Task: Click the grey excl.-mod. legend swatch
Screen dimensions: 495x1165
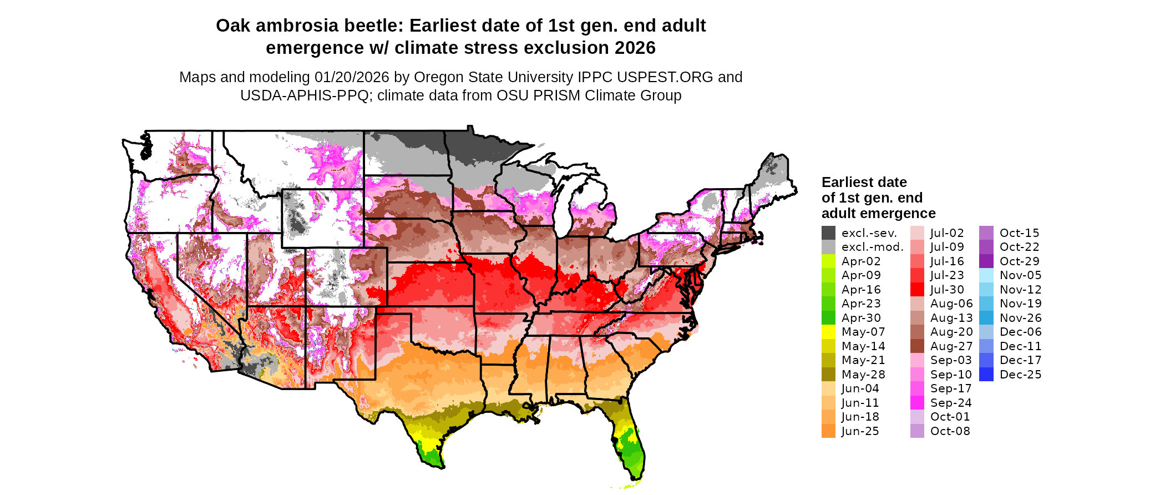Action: coord(828,247)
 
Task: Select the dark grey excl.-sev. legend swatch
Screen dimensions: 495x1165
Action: coord(828,233)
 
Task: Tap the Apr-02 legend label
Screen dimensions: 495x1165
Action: coord(860,261)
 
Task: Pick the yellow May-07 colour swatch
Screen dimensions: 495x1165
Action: coord(828,332)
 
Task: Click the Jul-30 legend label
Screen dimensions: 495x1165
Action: coord(947,290)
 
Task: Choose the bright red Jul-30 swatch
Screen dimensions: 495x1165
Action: coord(917,290)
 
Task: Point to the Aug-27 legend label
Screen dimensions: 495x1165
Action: coord(951,346)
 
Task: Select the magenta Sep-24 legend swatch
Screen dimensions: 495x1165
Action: coord(917,403)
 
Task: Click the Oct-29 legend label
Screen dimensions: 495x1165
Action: coord(1019,261)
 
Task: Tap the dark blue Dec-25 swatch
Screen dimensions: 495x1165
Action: coord(986,375)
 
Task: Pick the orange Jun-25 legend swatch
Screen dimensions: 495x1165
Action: coord(828,431)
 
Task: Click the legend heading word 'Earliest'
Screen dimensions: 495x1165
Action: coord(849,183)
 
